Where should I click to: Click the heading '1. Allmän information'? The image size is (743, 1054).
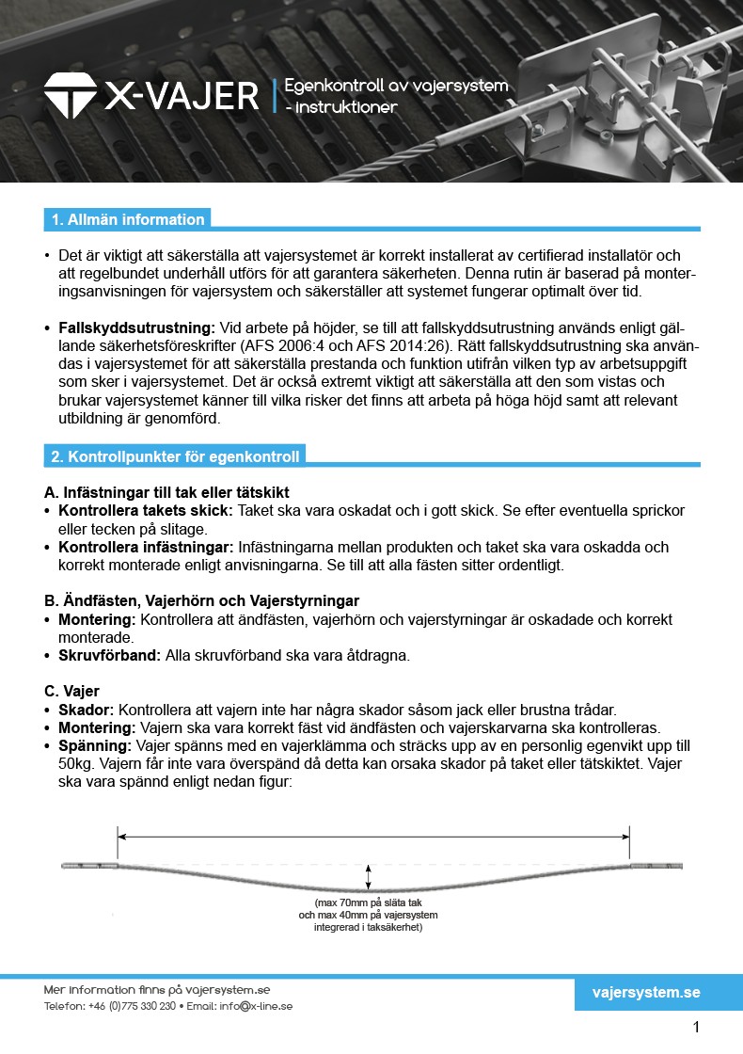tap(127, 219)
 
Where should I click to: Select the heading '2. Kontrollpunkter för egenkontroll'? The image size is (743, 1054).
tap(175, 456)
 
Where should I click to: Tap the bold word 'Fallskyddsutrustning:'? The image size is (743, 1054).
tap(137, 327)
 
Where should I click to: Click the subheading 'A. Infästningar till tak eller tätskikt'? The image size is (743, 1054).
tap(166, 492)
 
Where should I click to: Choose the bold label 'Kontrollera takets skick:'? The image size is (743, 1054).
tap(146, 510)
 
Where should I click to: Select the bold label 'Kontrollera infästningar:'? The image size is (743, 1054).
tap(146, 547)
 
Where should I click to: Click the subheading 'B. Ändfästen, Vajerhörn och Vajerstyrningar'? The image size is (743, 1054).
tap(201, 601)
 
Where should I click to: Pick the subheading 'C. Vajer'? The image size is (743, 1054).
tap(71, 691)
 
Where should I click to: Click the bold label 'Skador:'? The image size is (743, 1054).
tap(87, 709)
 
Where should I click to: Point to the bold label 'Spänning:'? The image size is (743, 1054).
tap(95, 745)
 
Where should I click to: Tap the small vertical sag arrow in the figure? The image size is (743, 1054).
tap(369, 877)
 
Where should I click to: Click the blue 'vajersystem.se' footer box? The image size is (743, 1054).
tap(646, 993)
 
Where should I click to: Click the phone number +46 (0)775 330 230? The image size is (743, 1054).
tap(133, 1006)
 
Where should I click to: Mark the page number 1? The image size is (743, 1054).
tap(696, 1027)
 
